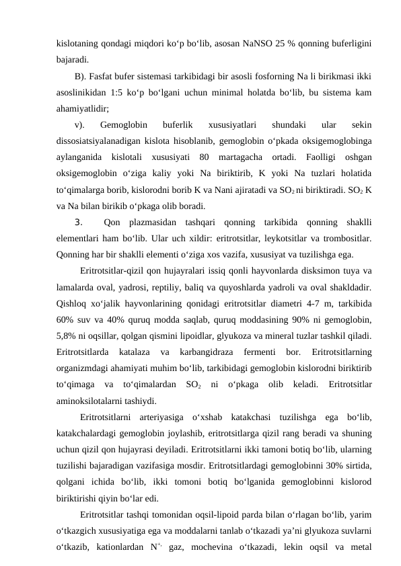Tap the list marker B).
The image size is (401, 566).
click(81, 75)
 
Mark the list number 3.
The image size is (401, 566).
click(79, 222)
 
